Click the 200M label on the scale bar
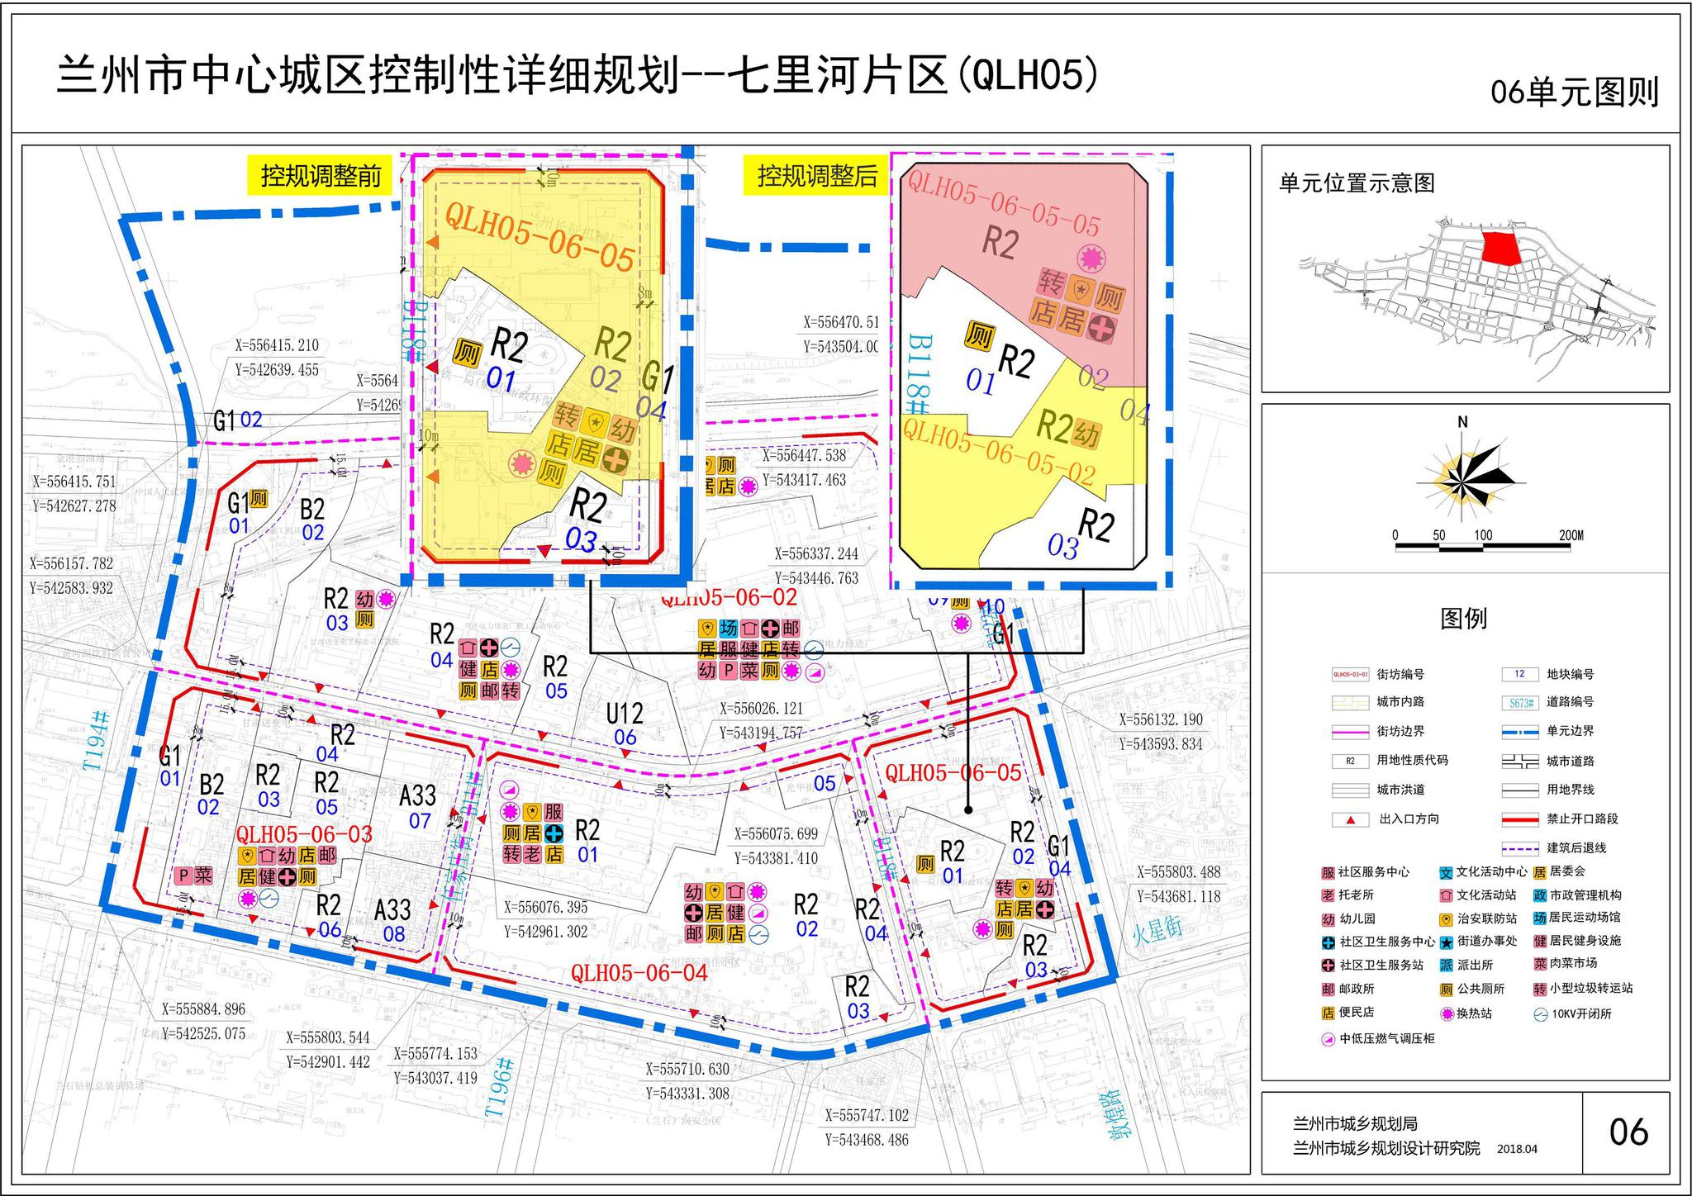tap(1571, 535)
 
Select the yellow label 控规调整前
tap(321, 176)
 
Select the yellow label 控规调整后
tap(817, 176)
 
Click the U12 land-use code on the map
tap(625, 714)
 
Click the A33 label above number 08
tap(392, 909)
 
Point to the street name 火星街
tap(1157, 930)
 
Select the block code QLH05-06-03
tap(304, 833)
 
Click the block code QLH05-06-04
tap(639, 973)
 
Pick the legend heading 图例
tap(1463, 619)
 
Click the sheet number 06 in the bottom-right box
tap(1628, 1132)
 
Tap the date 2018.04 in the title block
tap(1517, 1149)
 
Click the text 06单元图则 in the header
tap(1575, 93)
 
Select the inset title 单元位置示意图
tap(1357, 183)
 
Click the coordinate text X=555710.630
tap(687, 1069)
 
